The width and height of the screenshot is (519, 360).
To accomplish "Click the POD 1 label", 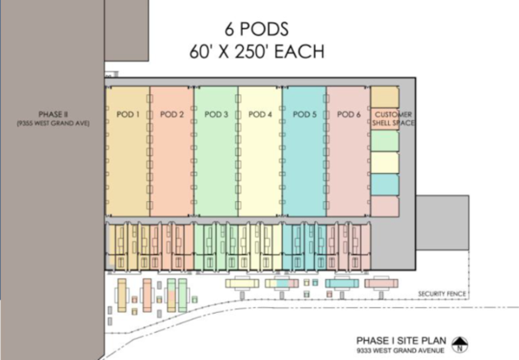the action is tap(128, 115).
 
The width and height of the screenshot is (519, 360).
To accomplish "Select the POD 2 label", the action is tap(172, 115).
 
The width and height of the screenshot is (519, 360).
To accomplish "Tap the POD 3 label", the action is tap(216, 115).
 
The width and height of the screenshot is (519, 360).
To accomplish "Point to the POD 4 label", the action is tap(260, 115).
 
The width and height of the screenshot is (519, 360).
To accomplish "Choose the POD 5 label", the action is tap(305, 115).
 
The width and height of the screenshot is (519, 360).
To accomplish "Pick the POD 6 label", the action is tap(348, 115).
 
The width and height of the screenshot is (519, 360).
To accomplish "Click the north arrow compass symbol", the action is tap(460, 344).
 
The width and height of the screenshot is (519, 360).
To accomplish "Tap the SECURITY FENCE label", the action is tap(442, 294).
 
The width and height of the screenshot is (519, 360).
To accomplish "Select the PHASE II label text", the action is tap(53, 115).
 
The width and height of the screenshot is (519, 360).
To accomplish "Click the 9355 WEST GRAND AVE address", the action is tap(53, 124).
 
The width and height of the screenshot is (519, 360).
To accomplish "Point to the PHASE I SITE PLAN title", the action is tap(401, 340).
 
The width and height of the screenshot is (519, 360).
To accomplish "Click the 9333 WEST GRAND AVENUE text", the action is tap(400, 350).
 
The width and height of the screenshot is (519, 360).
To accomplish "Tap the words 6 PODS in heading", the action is tap(256, 29).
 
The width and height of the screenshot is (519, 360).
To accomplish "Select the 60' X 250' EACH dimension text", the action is tap(257, 52).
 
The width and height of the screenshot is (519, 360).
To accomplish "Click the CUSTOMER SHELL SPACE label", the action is tap(393, 119).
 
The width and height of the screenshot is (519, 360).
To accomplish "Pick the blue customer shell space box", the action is tap(385, 185).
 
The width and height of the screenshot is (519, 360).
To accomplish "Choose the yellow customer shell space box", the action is tap(385, 162).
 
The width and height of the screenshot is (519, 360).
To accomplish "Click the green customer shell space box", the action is tap(385, 141).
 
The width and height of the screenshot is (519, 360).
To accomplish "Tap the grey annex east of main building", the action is tap(442, 222).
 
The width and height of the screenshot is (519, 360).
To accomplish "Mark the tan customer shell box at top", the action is tap(385, 97).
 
